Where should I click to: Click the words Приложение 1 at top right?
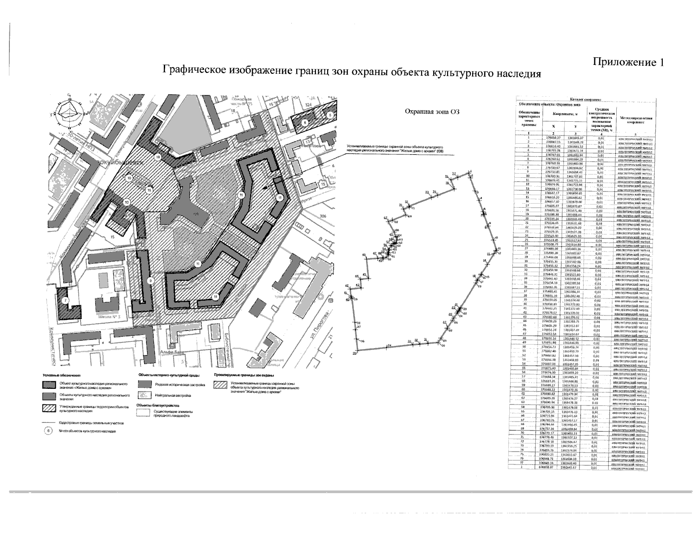click(x=628, y=63)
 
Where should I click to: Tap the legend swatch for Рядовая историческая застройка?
click(x=144, y=384)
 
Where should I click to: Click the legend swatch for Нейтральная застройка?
click(x=144, y=396)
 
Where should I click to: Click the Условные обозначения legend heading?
click(x=61, y=375)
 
